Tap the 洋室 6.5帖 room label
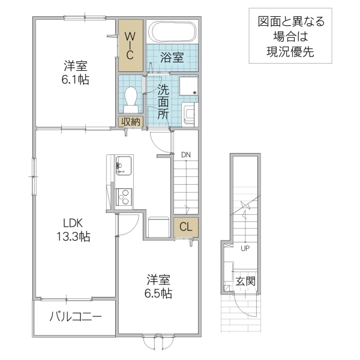159,286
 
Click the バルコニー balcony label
75,316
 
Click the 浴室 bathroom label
172,58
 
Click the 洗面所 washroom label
163,103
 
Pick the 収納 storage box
131,121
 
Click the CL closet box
185,227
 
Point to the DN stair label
186,154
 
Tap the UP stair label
245,247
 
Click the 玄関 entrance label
245,281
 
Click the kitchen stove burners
125,196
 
